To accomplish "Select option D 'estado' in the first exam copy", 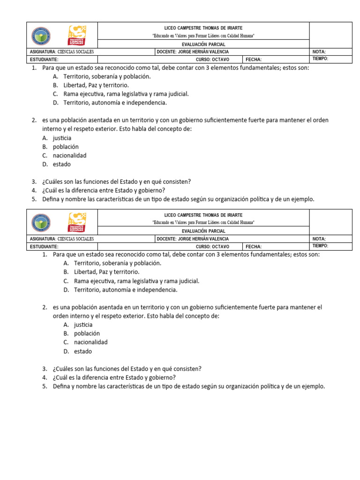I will pyautogui.click(x=62, y=165).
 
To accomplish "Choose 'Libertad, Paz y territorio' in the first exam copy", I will pyautogui.click(x=96, y=85).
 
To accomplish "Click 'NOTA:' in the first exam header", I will pyautogui.click(x=319, y=52).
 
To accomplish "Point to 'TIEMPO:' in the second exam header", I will pyautogui.click(x=320, y=246).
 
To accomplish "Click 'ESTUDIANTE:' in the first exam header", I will pyautogui.click(x=44, y=60).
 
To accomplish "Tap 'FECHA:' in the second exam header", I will pyautogui.click(x=254, y=247).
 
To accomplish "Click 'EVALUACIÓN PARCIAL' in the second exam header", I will pyautogui.click(x=203, y=231).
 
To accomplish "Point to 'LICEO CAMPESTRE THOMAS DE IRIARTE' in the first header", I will pyautogui.click(x=203, y=28).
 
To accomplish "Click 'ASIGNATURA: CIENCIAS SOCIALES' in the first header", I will pyautogui.click(x=62, y=52).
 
